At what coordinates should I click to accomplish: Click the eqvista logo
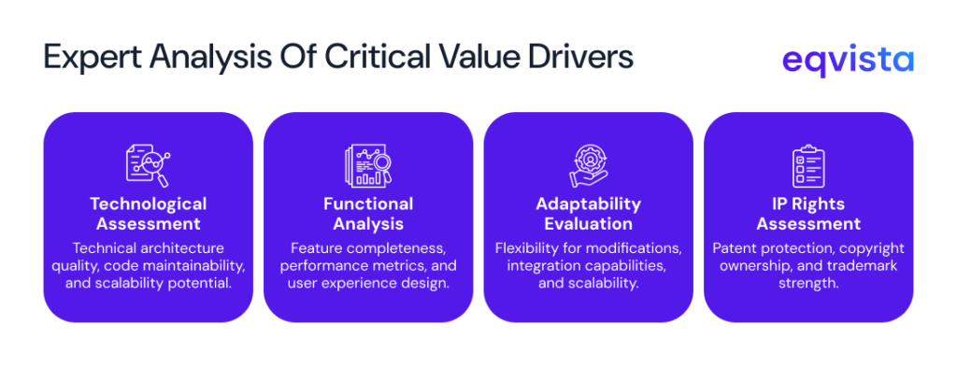point(848,60)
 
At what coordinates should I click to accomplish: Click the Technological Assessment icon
point(148,164)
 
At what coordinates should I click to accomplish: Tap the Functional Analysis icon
point(368,164)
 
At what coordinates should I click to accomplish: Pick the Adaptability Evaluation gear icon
point(588,164)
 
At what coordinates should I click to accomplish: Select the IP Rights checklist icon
point(807,164)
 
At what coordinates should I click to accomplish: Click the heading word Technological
point(148,204)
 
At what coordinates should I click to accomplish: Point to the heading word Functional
point(368,204)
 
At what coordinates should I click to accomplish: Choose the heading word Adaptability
point(588,204)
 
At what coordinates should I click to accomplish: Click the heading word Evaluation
point(588,224)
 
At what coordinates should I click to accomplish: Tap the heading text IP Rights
point(807,204)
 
